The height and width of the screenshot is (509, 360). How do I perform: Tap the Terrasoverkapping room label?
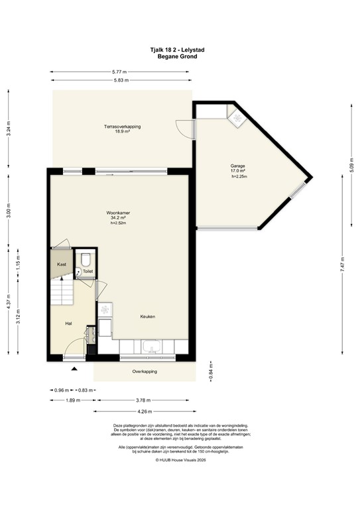(x=121, y=126)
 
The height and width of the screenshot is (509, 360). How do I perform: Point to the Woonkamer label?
(x=118, y=213)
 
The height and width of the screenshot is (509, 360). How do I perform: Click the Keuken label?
(x=148, y=317)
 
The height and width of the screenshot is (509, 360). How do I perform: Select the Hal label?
(x=68, y=323)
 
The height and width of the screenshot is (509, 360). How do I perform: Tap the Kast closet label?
(x=62, y=264)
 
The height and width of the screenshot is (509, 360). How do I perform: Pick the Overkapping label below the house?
(x=145, y=372)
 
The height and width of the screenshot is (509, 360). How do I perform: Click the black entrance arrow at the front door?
(x=74, y=368)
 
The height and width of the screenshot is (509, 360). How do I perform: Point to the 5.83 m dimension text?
(x=120, y=80)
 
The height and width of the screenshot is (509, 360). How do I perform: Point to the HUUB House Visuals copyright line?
(x=180, y=478)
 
